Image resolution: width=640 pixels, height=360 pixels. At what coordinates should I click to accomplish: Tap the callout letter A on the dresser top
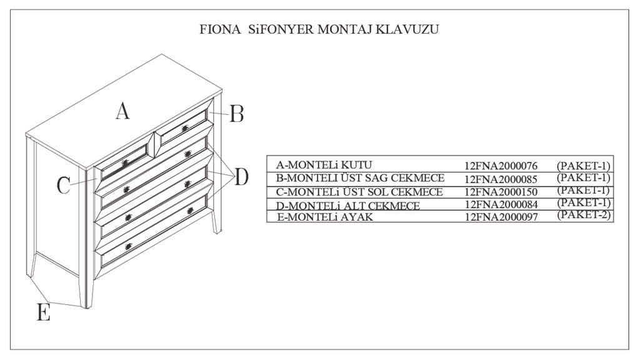[122, 111]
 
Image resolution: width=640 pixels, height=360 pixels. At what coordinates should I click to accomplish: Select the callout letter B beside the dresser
[236, 114]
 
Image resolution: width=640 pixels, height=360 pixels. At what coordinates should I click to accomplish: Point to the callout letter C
[64, 185]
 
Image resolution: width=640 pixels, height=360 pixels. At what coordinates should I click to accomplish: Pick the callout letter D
[241, 177]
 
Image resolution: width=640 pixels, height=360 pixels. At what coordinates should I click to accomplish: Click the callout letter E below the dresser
[43, 312]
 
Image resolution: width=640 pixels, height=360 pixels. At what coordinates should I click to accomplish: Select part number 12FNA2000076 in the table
[501, 166]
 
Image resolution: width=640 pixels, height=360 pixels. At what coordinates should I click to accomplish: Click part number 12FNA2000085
[501, 179]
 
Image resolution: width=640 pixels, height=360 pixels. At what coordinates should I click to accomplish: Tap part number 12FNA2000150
[501, 192]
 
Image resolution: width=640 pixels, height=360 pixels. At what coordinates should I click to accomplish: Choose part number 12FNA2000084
[501, 205]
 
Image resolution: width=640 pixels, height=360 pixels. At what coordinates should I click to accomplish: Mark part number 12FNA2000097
[501, 217]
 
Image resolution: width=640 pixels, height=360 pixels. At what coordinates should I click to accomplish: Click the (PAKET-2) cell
[583, 215]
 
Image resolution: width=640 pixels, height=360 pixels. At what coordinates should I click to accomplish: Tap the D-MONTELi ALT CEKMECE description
[348, 205]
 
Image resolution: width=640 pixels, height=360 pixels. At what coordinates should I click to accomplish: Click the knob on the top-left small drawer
[124, 162]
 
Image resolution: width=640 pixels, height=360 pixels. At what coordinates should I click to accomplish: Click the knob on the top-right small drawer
[184, 128]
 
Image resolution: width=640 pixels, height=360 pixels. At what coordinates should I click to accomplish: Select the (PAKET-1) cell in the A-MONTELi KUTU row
[583, 166]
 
